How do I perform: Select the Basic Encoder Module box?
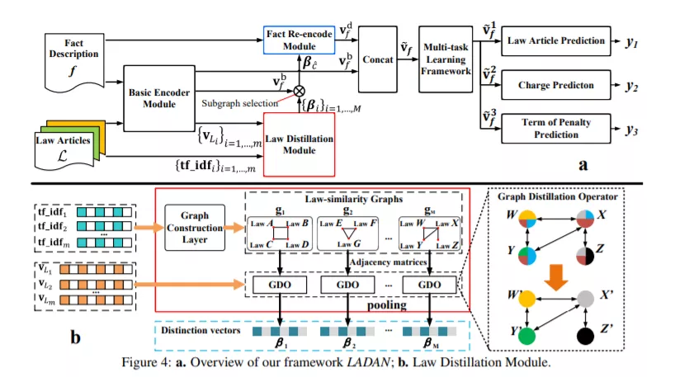[x=153, y=97]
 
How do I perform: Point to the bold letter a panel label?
[x=583, y=163]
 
